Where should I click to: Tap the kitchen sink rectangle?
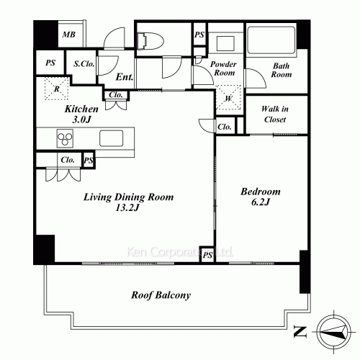[112, 138]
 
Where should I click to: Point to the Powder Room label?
[223, 69]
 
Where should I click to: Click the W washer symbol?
[228, 98]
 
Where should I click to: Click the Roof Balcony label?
[160, 295]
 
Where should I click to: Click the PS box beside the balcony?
[207, 254]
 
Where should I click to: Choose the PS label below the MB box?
[50, 63]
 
